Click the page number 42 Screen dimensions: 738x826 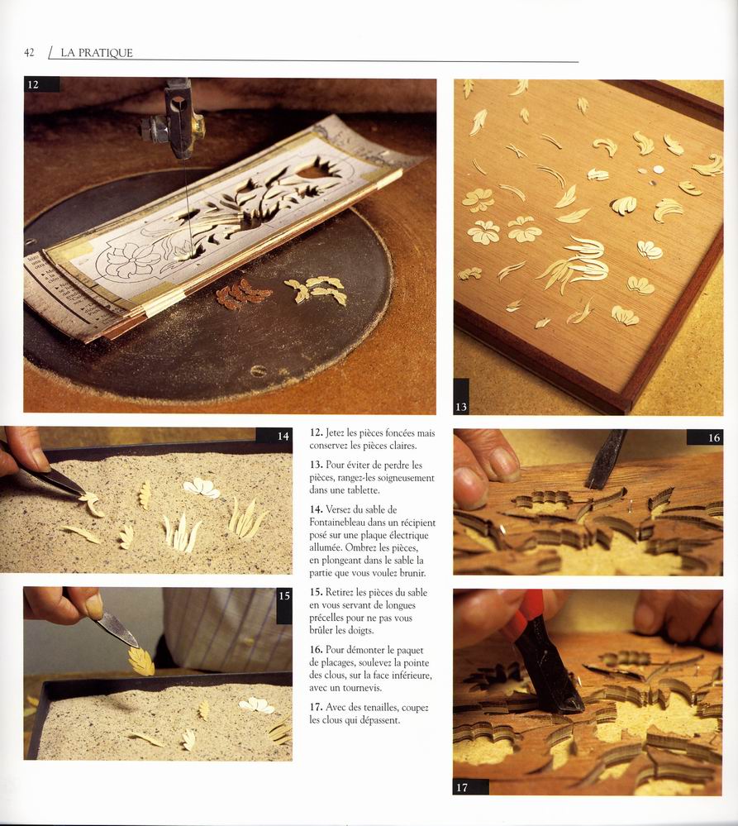click(x=29, y=53)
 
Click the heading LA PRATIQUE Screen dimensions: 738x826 click(x=97, y=53)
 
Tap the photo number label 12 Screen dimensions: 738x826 click(x=33, y=84)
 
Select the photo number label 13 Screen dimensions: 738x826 click(x=461, y=407)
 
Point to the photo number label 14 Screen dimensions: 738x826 click(x=283, y=437)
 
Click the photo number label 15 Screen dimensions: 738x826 click(x=284, y=596)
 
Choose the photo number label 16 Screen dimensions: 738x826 click(x=714, y=437)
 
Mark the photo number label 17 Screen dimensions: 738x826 click(x=462, y=787)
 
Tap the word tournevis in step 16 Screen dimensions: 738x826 click(x=362, y=688)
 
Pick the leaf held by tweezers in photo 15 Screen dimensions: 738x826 click(x=141, y=661)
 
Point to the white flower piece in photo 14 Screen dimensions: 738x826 click(x=201, y=488)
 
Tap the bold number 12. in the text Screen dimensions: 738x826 click(x=316, y=433)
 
